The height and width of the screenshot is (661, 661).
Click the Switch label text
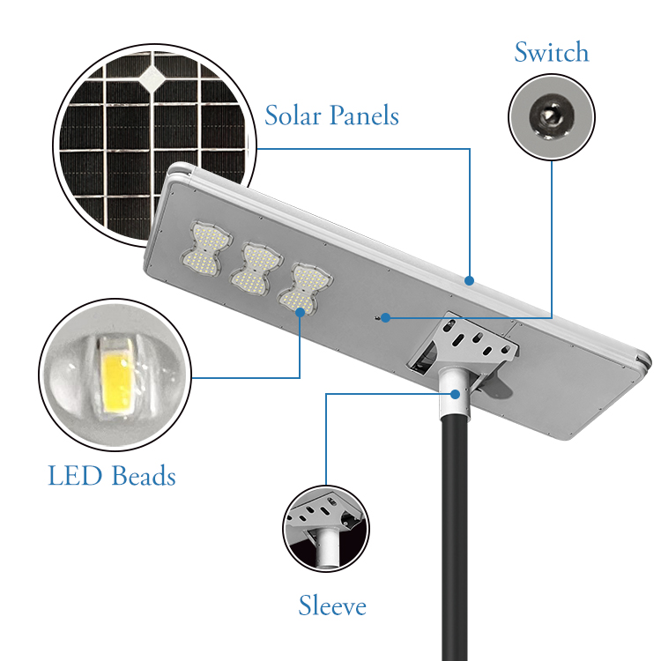(551, 53)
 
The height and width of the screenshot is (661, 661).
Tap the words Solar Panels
(331, 115)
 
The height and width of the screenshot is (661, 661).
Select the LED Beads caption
(112, 477)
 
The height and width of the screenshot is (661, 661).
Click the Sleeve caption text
(332, 606)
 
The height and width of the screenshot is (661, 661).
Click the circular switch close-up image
(552, 116)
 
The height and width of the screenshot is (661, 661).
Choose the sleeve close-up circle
(326, 529)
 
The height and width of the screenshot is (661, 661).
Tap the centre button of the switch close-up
(552, 115)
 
